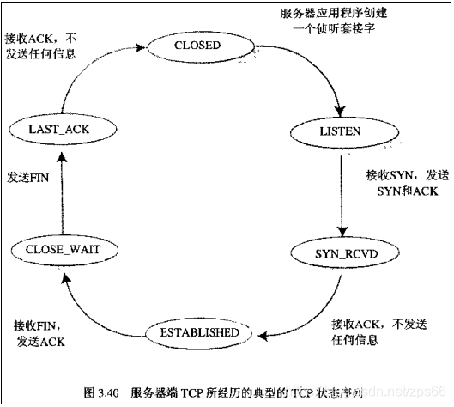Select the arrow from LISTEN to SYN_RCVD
(341, 193)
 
